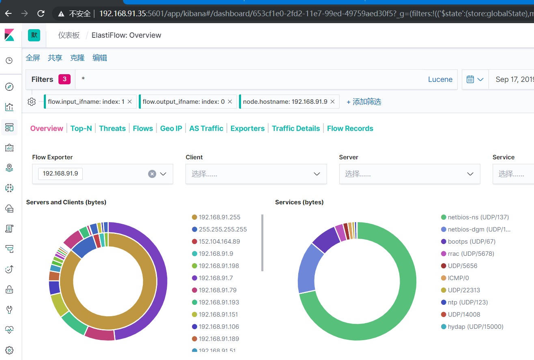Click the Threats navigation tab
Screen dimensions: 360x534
point(112,129)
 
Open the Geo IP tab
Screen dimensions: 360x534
point(171,129)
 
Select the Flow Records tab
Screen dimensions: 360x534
point(350,129)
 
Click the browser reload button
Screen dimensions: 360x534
point(41,13)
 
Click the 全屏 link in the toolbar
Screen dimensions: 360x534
point(33,58)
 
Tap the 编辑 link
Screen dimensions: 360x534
point(100,58)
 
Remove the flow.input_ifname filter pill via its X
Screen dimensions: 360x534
point(130,102)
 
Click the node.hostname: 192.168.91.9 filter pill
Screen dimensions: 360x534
point(285,102)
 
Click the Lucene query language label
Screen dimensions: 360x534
point(440,79)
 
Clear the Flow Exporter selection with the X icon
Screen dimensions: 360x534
point(152,174)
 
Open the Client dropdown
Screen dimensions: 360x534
point(256,174)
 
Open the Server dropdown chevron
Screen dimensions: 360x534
point(470,174)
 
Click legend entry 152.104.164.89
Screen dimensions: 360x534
point(219,242)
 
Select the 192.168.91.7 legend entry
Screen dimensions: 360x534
point(215,278)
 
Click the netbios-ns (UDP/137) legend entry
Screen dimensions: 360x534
point(478,217)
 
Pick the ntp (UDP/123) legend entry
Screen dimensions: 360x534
point(467,302)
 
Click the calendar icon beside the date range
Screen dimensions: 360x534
point(470,79)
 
